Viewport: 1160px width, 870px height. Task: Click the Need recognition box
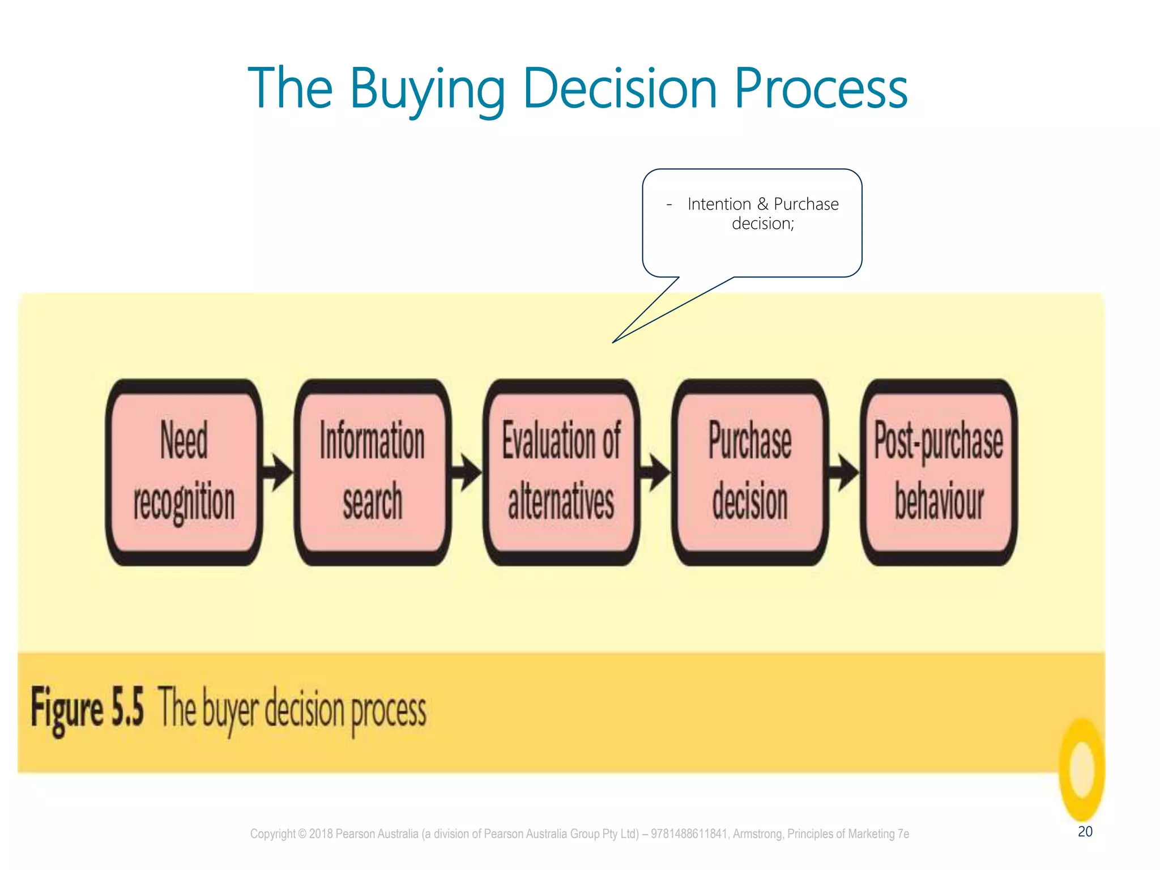click(184, 472)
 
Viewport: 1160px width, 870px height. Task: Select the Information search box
click(372, 472)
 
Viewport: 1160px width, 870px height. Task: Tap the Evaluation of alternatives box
click(561, 472)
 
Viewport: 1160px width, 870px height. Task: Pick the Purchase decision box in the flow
click(750, 472)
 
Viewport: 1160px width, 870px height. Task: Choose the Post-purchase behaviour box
click(939, 472)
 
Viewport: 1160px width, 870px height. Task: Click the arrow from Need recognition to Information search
click(278, 472)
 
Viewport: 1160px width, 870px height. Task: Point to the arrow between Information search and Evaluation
click(466, 472)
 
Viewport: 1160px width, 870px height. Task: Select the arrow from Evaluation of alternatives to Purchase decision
click(655, 472)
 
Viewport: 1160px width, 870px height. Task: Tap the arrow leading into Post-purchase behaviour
click(844, 472)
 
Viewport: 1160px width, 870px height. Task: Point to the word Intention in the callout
click(719, 204)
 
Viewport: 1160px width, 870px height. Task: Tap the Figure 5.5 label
click(87, 708)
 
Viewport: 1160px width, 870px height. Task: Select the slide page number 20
click(1085, 831)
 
